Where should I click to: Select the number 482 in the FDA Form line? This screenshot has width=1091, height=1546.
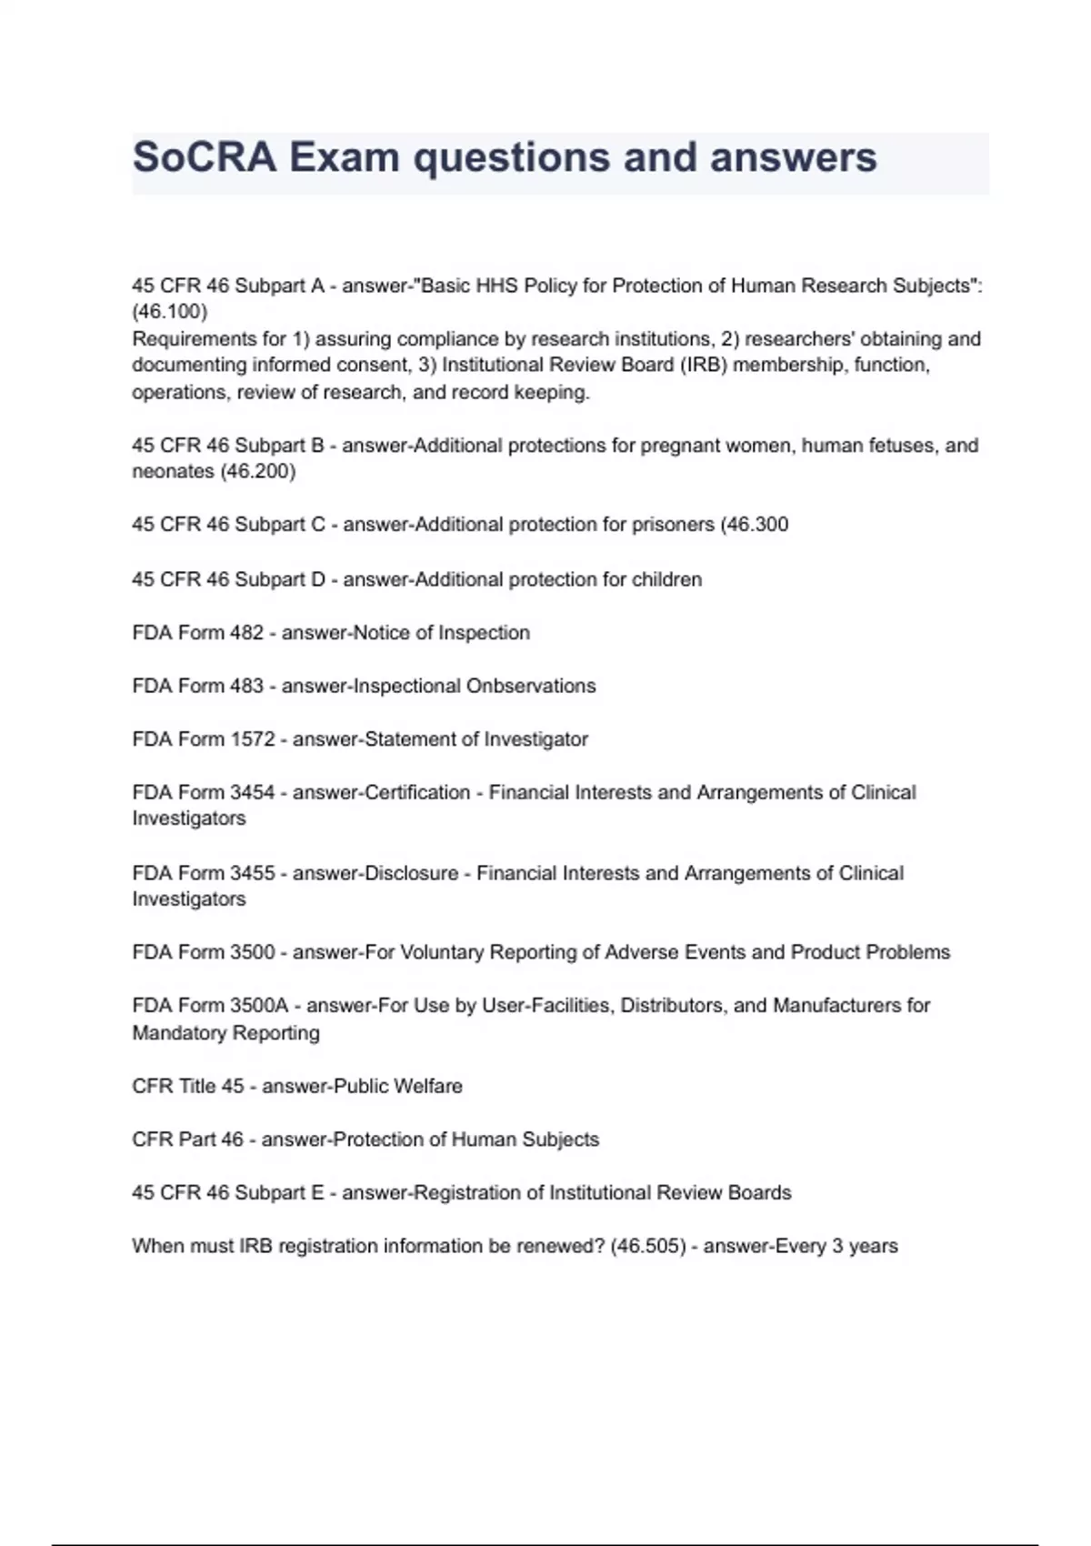tap(246, 633)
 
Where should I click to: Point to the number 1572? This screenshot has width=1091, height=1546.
tap(253, 739)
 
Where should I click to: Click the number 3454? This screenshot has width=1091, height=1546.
tap(253, 793)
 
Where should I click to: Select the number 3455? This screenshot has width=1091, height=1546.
tap(253, 873)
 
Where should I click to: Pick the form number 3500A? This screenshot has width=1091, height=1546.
tap(259, 1006)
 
